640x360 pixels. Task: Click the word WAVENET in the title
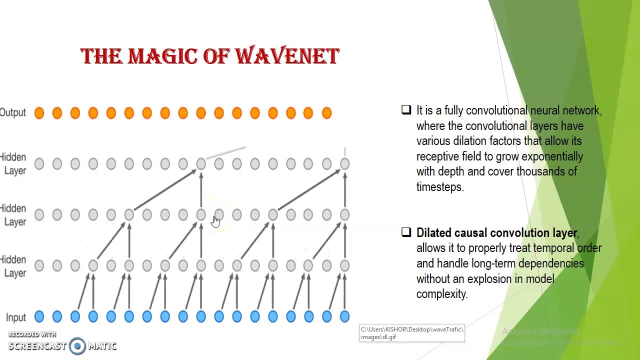(287, 56)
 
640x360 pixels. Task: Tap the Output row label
(13, 112)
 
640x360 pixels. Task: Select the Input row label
(15, 317)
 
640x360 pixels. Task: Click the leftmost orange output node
(39, 113)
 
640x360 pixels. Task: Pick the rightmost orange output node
(326, 113)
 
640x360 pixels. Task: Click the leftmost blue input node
(39, 316)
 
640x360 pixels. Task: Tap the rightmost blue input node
(344, 316)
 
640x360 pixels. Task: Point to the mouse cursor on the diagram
(215, 221)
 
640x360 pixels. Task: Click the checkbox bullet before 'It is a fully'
(406, 110)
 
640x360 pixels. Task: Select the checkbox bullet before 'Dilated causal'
(406, 232)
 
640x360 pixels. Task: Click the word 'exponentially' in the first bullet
(552, 156)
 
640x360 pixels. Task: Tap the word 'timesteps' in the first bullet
(439, 187)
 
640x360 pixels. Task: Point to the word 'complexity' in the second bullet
(441, 294)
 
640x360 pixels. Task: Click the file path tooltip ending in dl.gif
(412, 333)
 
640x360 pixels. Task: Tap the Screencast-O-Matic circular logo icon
(77, 346)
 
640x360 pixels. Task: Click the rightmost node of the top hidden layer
(344, 164)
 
